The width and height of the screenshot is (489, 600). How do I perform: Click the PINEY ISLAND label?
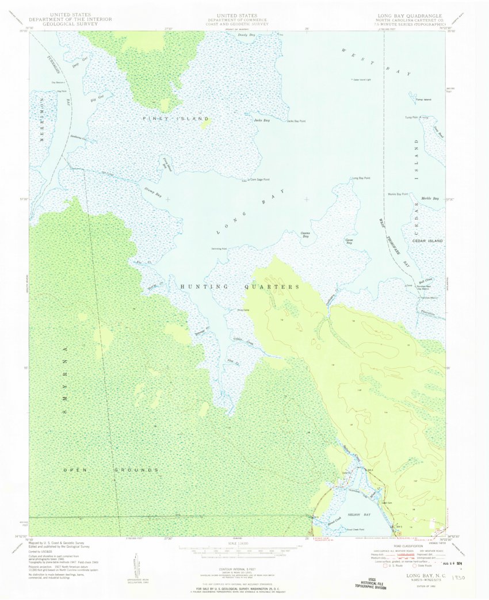[x=175, y=119]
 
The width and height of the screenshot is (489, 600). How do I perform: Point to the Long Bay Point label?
[x=361, y=178]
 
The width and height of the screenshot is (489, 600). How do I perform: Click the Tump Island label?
[x=423, y=100]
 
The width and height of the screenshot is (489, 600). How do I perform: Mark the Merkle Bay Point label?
[x=398, y=194]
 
